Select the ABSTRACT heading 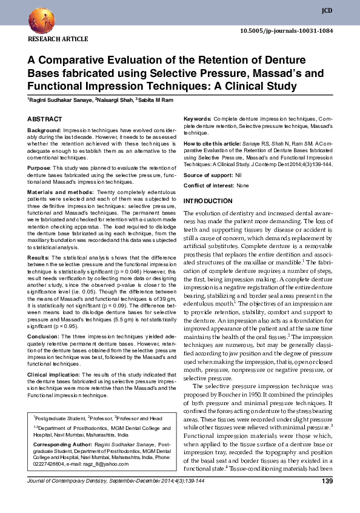[x=44, y=120]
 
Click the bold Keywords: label [x=198, y=119]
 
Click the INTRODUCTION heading [x=208, y=201]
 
